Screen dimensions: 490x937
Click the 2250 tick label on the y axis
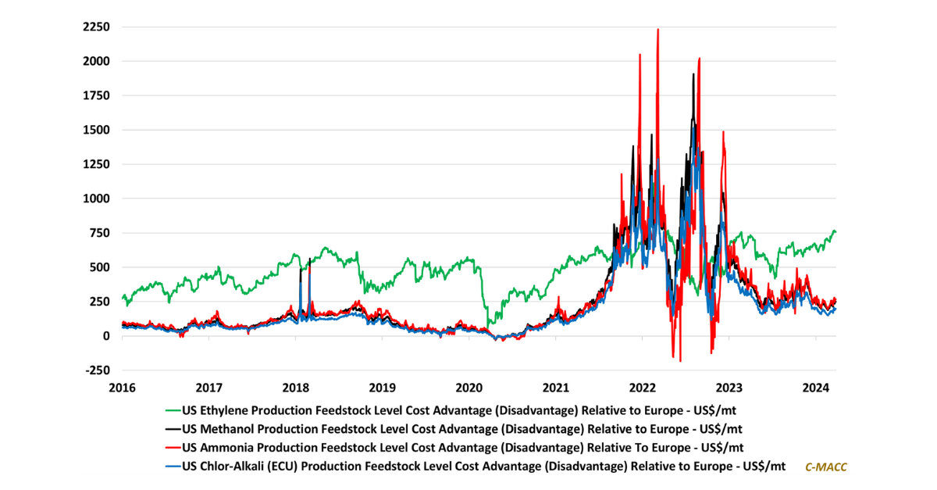click(94, 27)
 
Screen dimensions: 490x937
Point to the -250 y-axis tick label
click(96, 370)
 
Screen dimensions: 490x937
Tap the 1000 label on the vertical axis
click(94, 199)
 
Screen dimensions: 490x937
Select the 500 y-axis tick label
click(98, 267)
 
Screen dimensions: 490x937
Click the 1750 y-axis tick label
click(94, 95)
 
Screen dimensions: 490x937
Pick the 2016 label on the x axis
click(122, 388)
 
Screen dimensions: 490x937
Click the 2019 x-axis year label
click(382, 388)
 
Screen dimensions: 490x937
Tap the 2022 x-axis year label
click(642, 388)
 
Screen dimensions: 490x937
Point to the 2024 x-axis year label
click(815, 388)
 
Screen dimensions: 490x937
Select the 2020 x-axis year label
click(468, 388)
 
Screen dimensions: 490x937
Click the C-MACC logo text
click(825, 467)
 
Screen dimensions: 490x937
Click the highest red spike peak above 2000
click(657, 30)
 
